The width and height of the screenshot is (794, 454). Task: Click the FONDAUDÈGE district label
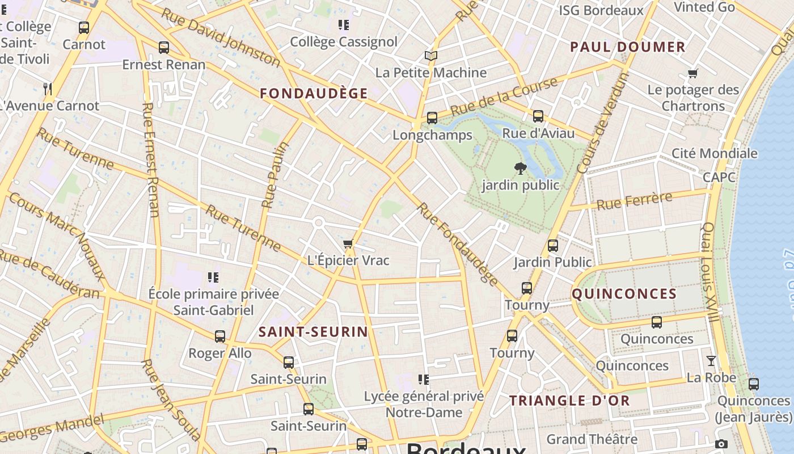314,94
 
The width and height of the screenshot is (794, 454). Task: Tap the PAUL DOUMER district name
628,47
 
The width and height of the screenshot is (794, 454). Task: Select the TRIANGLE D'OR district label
569,401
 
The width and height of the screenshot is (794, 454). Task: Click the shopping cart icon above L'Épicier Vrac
348,244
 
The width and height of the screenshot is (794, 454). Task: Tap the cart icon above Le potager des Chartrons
692,73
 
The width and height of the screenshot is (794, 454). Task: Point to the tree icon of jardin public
520,168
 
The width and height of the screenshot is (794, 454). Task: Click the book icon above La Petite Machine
431,56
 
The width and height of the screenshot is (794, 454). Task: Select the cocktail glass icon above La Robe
711,361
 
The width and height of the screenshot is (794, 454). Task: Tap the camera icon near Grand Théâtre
721,444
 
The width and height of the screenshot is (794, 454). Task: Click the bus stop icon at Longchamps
432,118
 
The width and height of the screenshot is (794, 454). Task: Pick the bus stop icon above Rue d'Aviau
538,116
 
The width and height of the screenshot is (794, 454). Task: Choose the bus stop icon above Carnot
84,28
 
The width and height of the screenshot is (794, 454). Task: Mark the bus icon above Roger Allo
220,337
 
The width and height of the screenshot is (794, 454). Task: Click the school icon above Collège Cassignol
343,25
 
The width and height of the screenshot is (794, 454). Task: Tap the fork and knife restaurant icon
48,89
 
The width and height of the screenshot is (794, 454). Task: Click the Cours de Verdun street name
603,123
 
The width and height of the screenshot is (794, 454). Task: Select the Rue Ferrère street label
634,201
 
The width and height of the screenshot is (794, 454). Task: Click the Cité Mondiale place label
714,153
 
